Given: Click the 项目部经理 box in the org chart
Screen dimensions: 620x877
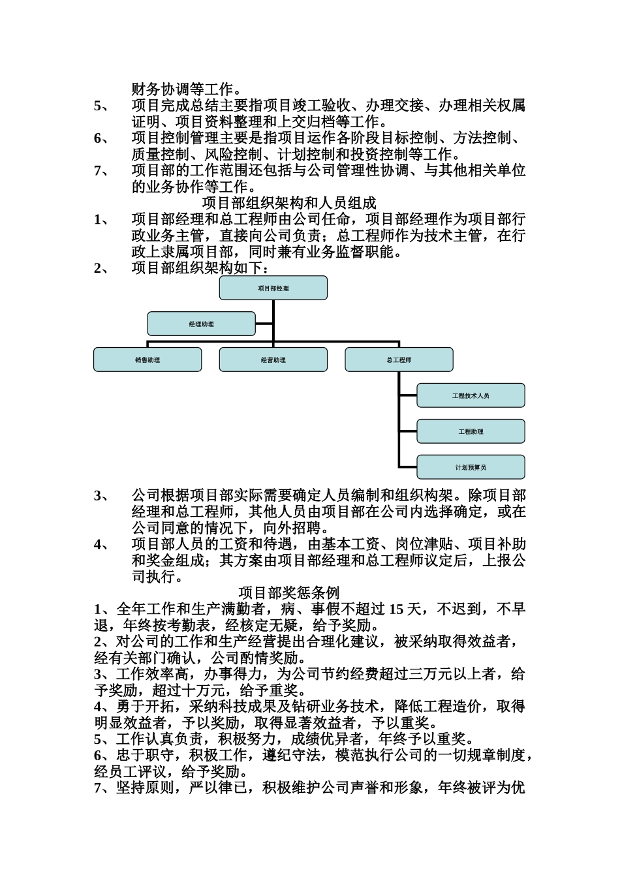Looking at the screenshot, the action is tap(273, 288).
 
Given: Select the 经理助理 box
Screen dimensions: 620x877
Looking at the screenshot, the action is tap(201, 324).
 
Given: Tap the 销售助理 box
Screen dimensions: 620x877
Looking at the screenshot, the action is tap(147, 360).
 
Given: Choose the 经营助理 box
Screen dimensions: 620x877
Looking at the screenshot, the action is tap(273, 360).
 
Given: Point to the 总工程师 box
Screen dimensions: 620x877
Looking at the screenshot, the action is tap(399, 360).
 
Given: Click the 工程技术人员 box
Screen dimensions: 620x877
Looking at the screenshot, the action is tap(471, 395).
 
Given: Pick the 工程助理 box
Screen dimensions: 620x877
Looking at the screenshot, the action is tap(471, 431).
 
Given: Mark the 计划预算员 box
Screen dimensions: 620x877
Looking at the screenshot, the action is tap(471, 467).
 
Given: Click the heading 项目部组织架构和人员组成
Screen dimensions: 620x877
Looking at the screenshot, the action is tap(289, 203).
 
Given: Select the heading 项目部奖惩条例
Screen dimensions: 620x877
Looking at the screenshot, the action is tap(289, 592).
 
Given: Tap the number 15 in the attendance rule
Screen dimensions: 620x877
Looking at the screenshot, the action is tap(396, 609).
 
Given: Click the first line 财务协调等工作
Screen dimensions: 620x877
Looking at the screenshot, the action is tap(187, 89).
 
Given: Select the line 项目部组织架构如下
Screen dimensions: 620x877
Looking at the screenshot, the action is tap(201, 268).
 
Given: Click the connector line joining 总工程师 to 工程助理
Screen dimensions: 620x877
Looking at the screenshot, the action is tap(408, 431).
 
